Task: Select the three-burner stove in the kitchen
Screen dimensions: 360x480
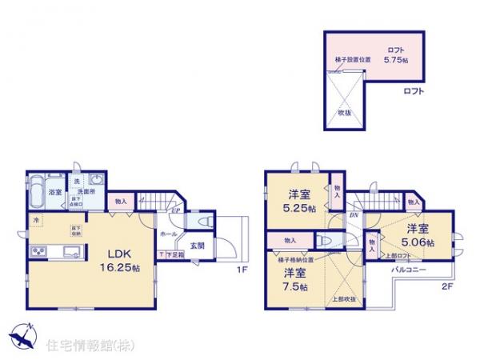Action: (x=39, y=253)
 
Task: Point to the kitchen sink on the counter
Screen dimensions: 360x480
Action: (x=69, y=254)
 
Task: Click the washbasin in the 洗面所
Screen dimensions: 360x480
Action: (x=97, y=180)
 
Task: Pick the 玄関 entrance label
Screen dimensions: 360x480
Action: (x=197, y=246)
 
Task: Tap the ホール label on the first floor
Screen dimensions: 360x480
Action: (x=168, y=234)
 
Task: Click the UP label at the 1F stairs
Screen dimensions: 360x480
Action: (x=175, y=210)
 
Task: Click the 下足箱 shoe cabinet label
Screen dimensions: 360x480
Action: (x=174, y=254)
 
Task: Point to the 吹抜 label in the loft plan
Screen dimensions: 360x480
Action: (x=344, y=113)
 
